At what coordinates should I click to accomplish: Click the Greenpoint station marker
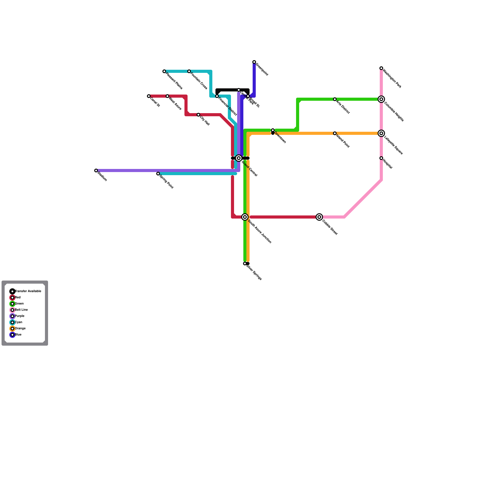click(x=254, y=62)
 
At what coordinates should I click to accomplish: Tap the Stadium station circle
click(x=96, y=171)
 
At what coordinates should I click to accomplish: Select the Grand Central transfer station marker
click(x=239, y=158)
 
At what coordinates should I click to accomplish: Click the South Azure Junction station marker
click(x=245, y=217)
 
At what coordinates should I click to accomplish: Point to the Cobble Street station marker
click(x=319, y=217)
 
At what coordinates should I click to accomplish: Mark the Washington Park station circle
click(x=381, y=68)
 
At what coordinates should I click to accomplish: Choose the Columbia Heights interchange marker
click(x=381, y=99)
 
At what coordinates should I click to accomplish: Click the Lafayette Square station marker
click(x=381, y=133)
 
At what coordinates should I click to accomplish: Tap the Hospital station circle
click(x=381, y=158)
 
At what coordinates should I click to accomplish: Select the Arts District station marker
click(x=335, y=99)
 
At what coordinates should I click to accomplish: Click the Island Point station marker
click(x=335, y=133)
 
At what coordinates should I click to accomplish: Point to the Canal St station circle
click(x=149, y=96)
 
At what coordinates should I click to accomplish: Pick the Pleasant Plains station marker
click(x=164, y=72)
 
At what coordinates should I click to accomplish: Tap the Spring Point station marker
click(x=158, y=174)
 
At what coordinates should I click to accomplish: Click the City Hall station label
click(x=205, y=121)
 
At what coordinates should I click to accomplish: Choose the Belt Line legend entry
click(x=21, y=310)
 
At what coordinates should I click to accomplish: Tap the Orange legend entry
click(x=20, y=329)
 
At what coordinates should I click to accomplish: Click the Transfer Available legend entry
click(x=28, y=291)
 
